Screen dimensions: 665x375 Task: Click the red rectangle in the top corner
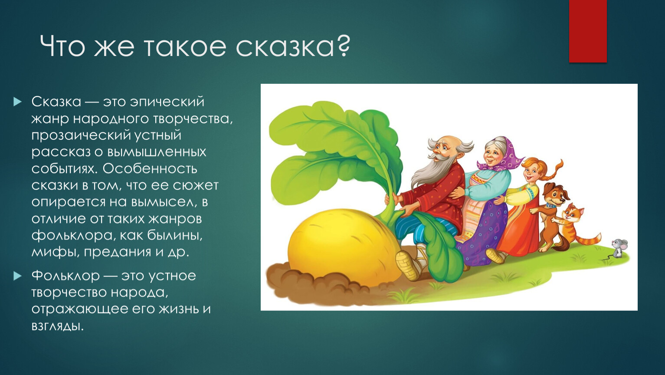[x=588, y=31]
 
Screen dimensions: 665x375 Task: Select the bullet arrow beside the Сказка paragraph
[x=17, y=102]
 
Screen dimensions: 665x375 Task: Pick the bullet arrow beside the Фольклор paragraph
[x=17, y=276]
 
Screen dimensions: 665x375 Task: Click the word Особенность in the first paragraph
[x=150, y=169]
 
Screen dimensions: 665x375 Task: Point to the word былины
[x=174, y=236]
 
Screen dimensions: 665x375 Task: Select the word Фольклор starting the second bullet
[x=66, y=276]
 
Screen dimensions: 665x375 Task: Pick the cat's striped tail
[x=589, y=239]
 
